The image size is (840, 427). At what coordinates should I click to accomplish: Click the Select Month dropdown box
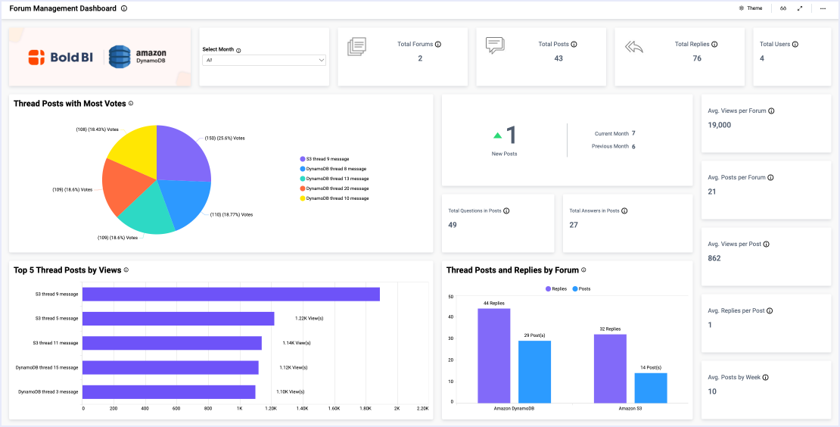point(264,60)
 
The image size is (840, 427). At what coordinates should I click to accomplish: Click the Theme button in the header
point(751,8)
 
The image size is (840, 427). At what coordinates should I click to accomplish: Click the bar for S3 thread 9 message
point(231,294)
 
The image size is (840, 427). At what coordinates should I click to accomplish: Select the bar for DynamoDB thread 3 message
point(169,392)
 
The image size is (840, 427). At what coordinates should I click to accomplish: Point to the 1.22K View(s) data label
point(309,319)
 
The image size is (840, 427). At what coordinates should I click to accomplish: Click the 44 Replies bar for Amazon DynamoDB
point(493,355)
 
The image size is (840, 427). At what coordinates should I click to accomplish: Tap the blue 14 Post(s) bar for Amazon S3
point(651,388)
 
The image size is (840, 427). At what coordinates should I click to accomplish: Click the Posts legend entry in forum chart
point(581,289)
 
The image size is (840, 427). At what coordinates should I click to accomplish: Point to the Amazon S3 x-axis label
point(630,408)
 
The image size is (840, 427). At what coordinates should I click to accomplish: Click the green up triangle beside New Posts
point(498,136)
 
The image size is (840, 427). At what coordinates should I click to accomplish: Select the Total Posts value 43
point(558,58)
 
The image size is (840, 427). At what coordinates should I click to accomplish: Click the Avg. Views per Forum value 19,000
point(720,125)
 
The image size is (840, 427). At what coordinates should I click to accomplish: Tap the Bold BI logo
point(58,57)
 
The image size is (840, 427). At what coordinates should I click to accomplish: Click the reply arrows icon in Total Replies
point(634,47)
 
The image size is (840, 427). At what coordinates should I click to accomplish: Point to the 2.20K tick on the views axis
point(423,408)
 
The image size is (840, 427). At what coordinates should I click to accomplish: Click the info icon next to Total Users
point(795,45)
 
